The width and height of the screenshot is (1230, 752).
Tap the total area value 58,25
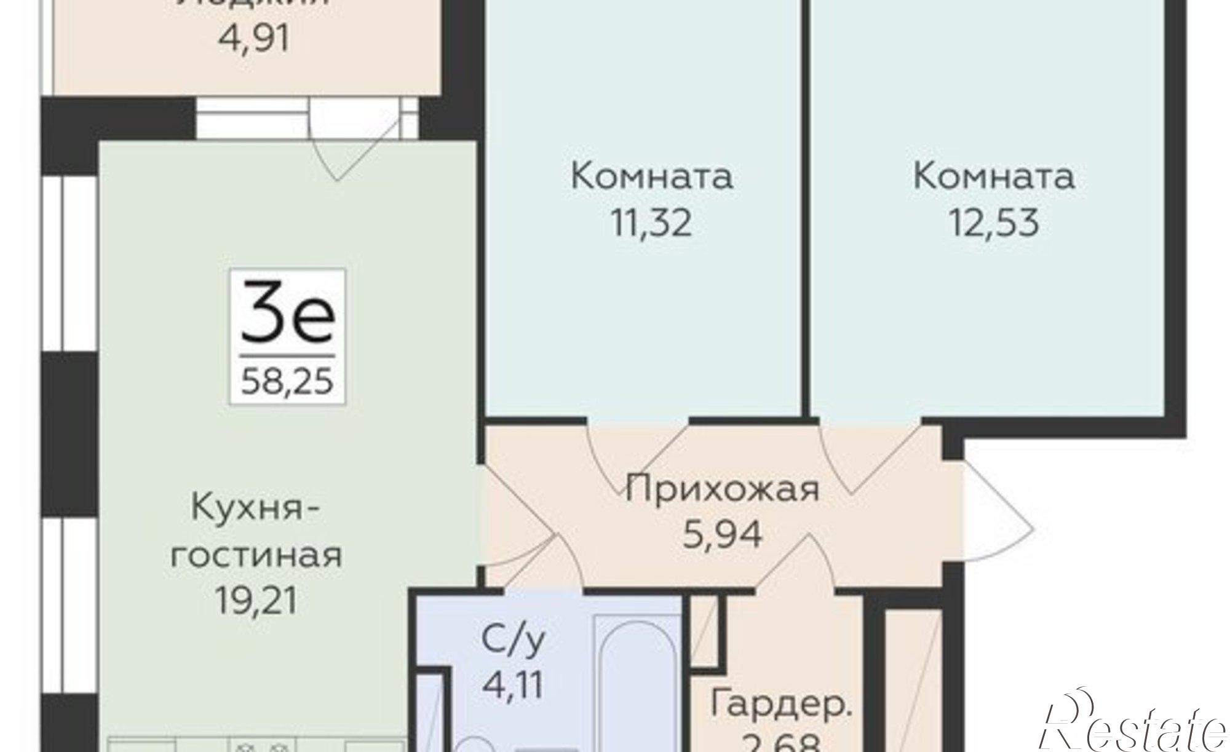pyautogui.click(x=287, y=381)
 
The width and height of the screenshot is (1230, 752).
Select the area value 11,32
pyautogui.click(x=651, y=223)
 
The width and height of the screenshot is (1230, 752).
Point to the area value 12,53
pyautogui.click(x=994, y=223)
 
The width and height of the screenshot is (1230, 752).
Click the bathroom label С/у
pyautogui.click(x=513, y=640)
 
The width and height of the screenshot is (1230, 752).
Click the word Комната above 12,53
pyautogui.click(x=994, y=176)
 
